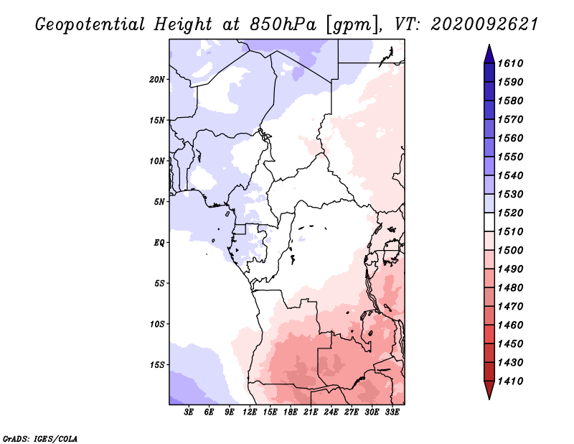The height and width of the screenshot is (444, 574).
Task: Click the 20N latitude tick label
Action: click(x=157, y=80)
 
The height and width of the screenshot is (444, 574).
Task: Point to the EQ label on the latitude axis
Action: click(x=159, y=243)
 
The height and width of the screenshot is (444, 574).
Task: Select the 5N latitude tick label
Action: click(x=159, y=202)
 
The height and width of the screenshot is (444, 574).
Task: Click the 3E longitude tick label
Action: click(x=189, y=412)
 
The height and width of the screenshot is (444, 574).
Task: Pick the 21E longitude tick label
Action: click(x=311, y=412)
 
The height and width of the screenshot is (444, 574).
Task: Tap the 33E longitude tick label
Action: click(x=392, y=412)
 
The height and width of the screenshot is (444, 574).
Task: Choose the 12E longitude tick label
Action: click(x=250, y=412)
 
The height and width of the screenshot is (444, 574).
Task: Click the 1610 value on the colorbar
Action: click(x=511, y=63)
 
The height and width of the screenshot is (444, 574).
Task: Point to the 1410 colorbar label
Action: click(x=511, y=381)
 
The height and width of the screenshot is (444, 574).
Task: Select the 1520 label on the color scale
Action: click(x=511, y=213)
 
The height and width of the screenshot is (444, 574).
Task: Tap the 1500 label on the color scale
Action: click(x=511, y=251)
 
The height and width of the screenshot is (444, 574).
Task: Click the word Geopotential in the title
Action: click(x=90, y=25)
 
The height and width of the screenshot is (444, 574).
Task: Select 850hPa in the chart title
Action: click(x=283, y=24)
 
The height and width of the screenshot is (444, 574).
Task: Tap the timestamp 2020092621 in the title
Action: click(x=484, y=24)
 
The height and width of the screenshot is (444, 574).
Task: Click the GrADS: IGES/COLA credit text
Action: click(x=40, y=439)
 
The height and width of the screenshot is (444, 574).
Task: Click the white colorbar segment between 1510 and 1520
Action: click(x=489, y=222)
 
